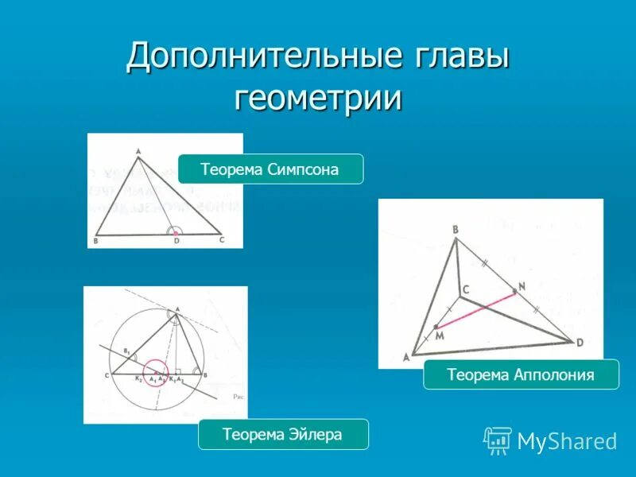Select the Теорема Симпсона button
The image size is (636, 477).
pyautogui.click(x=270, y=169)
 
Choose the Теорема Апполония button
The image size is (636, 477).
pyautogui.click(x=521, y=374)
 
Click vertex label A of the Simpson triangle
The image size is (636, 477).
pyautogui.click(x=138, y=150)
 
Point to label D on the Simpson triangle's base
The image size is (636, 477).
pyautogui.click(x=176, y=241)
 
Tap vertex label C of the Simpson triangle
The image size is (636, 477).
pyautogui.click(x=222, y=239)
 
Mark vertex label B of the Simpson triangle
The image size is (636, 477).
pyautogui.click(x=96, y=240)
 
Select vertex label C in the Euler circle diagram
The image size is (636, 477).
pyautogui.click(x=106, y=374)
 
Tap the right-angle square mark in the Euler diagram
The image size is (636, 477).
pyautogui.click(x=179, y=370)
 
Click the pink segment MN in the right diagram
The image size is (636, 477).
pyautogui.click(x=475, y=309)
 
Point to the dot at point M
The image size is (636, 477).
pyautogui.click(x=436, y=326)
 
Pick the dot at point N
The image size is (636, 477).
pyautogui.click(x=515, y=292)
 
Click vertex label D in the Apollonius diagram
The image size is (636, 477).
pyautogui.click(x=579, y=343)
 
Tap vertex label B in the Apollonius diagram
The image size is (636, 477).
pyautogui.click(x=456, y=231)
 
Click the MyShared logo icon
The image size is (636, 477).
pyautogui.click(x=498, y=440)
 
